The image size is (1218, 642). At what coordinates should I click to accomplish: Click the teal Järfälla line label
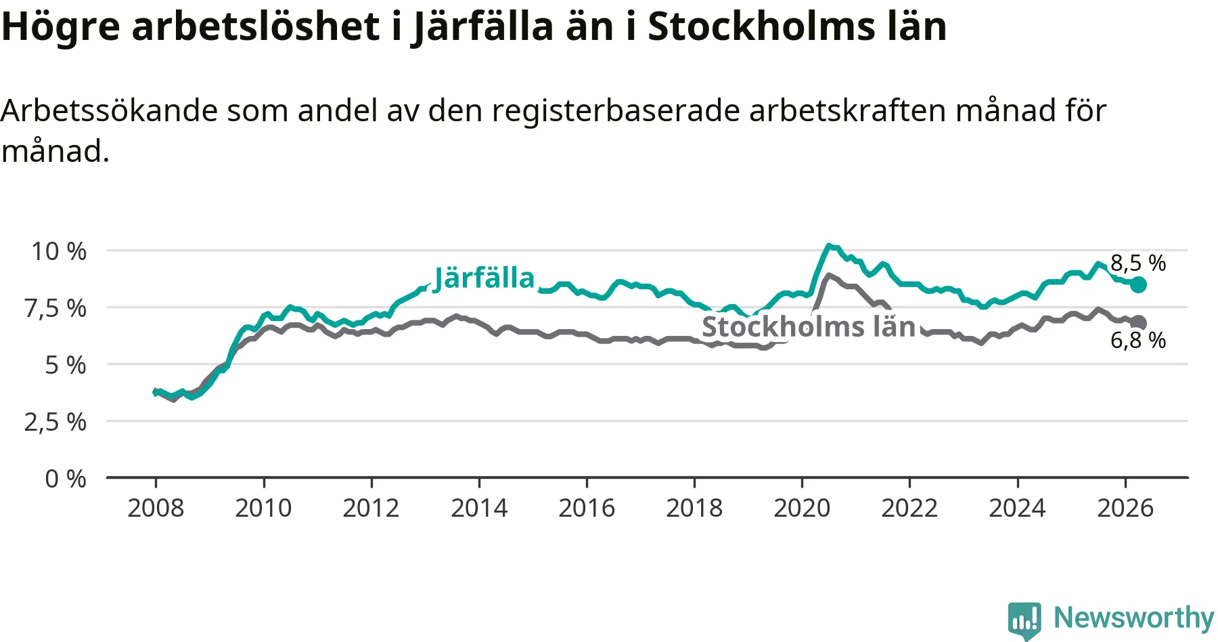tap(484, 278)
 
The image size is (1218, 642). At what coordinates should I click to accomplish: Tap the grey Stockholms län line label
tap(809, 327)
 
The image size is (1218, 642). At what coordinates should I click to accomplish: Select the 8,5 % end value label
tap(1138, 263)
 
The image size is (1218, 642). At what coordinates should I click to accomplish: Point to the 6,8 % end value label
tap(1138, 340)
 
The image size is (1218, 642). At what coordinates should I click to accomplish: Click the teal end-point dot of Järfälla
tap(1139, 284)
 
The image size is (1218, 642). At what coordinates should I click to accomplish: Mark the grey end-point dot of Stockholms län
tap(1140, 322)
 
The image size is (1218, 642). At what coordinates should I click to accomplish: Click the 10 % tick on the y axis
tap(59, 251)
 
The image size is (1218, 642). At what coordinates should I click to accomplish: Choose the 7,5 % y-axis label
tap(55, 308)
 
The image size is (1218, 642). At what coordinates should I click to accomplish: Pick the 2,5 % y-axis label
tap(55, 422)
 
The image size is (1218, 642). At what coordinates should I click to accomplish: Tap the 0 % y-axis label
tap(66, 479)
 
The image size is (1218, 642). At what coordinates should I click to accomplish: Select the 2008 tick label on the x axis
tap(156, 508)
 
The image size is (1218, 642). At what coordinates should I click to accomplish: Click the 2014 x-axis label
tap(479, 508)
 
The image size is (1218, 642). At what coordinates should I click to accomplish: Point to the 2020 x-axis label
tap(802, 508)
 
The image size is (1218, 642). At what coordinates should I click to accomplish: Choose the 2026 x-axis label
tap(1125, 508)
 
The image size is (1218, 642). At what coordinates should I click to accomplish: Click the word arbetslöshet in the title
tap(256, 26)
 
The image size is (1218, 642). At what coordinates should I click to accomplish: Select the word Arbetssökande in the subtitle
tap(109, 110)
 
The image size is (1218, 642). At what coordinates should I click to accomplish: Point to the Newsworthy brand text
tap(1134, 618)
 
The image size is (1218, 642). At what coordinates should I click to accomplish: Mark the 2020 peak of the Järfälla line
tap(829, 246)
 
